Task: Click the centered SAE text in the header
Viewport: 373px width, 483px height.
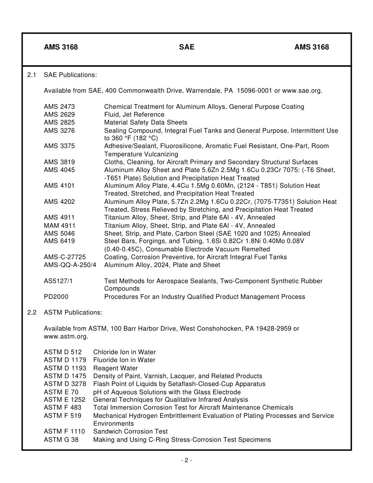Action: click(186, 47)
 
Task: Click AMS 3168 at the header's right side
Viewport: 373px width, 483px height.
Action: click(311, 47)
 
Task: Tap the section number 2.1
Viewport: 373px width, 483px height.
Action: click(32, 75)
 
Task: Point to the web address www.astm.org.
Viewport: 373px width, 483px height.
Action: click(66, 337)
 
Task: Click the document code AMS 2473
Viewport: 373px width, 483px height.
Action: click(59, 106)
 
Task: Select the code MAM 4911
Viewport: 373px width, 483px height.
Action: click(60, 225)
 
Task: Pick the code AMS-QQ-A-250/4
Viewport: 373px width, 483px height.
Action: click(70, 265)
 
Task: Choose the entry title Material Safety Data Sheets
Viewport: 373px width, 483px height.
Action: click(146, 123)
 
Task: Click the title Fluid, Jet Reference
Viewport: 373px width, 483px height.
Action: click(134, 114)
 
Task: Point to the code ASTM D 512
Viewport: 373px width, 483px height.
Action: click(63, 352)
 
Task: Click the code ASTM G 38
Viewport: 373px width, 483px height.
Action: click(61, 439)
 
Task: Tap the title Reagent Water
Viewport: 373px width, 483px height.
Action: click(115, 368)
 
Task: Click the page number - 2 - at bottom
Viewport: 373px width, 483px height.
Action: click(186, 460)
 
